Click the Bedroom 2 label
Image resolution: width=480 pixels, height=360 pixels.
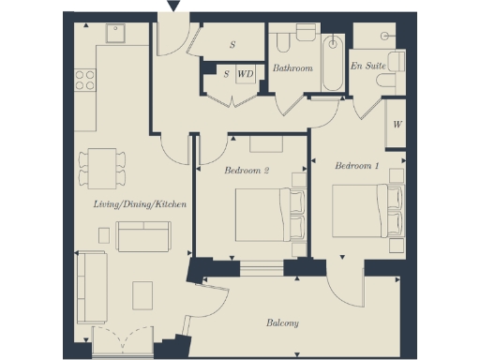point(247,171)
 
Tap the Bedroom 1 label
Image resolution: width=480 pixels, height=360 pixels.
point(357,166)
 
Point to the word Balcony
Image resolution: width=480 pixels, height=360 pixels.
point(281,323)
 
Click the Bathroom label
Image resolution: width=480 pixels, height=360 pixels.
point(292,68)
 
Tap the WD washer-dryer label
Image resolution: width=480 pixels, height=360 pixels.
point(245,72)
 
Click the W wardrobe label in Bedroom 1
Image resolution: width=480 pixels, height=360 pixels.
point(397,123)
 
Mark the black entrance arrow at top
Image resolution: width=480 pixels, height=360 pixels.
point(172,7)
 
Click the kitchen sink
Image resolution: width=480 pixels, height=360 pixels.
point(116,36)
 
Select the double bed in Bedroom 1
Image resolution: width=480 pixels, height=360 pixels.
point(367,210)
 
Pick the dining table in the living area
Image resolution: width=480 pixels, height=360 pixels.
point(100,166)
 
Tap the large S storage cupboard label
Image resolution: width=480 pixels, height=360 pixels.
point(232,44)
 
